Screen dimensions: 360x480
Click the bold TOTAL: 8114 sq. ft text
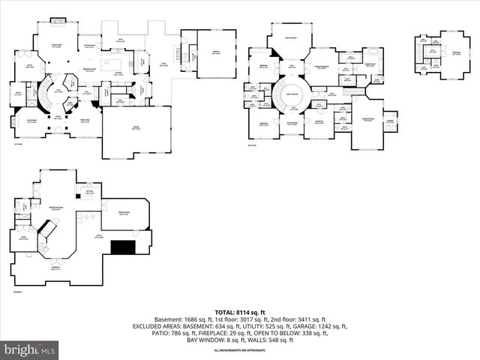pyautogui.click(x=239, y=312)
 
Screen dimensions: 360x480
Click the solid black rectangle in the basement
pyautogui.click(x=122, y=248)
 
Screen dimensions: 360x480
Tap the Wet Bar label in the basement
pyautogui.click(x=88, y=193)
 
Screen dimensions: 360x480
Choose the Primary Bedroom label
pyautogui.click(x=324, y=68)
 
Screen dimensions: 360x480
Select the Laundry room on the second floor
pyautogui.click(x=389, y=120)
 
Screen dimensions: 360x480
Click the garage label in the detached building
pyautogui.click(x=216, y=52)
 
